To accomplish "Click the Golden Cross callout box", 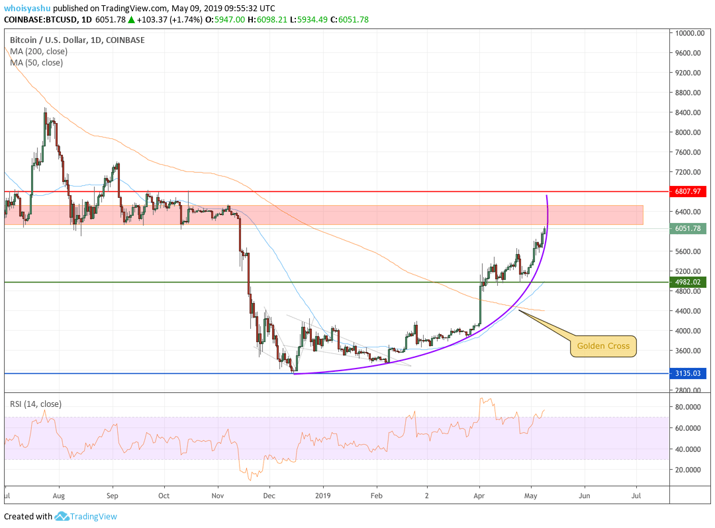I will [602, 345].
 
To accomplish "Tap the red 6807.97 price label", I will [687, 192].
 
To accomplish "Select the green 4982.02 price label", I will [687, 282].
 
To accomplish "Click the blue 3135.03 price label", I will [687, 373].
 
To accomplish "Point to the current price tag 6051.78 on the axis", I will [687, 228].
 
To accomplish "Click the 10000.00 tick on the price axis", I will [689, 33].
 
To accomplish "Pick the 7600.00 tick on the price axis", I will [689, 152].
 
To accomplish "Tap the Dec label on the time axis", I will [269, 495].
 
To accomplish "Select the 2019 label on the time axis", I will [323, 495].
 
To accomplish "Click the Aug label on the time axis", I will [59, 495].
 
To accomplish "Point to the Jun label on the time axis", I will [584, 495].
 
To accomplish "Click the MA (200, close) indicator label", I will [38, 51].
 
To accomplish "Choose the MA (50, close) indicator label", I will [36, 62].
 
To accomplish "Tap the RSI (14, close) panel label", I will [36, 404].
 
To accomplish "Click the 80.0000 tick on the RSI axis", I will [689, 407].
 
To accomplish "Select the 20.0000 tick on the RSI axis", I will [689, 470].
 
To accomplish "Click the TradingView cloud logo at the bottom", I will [62, 516].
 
